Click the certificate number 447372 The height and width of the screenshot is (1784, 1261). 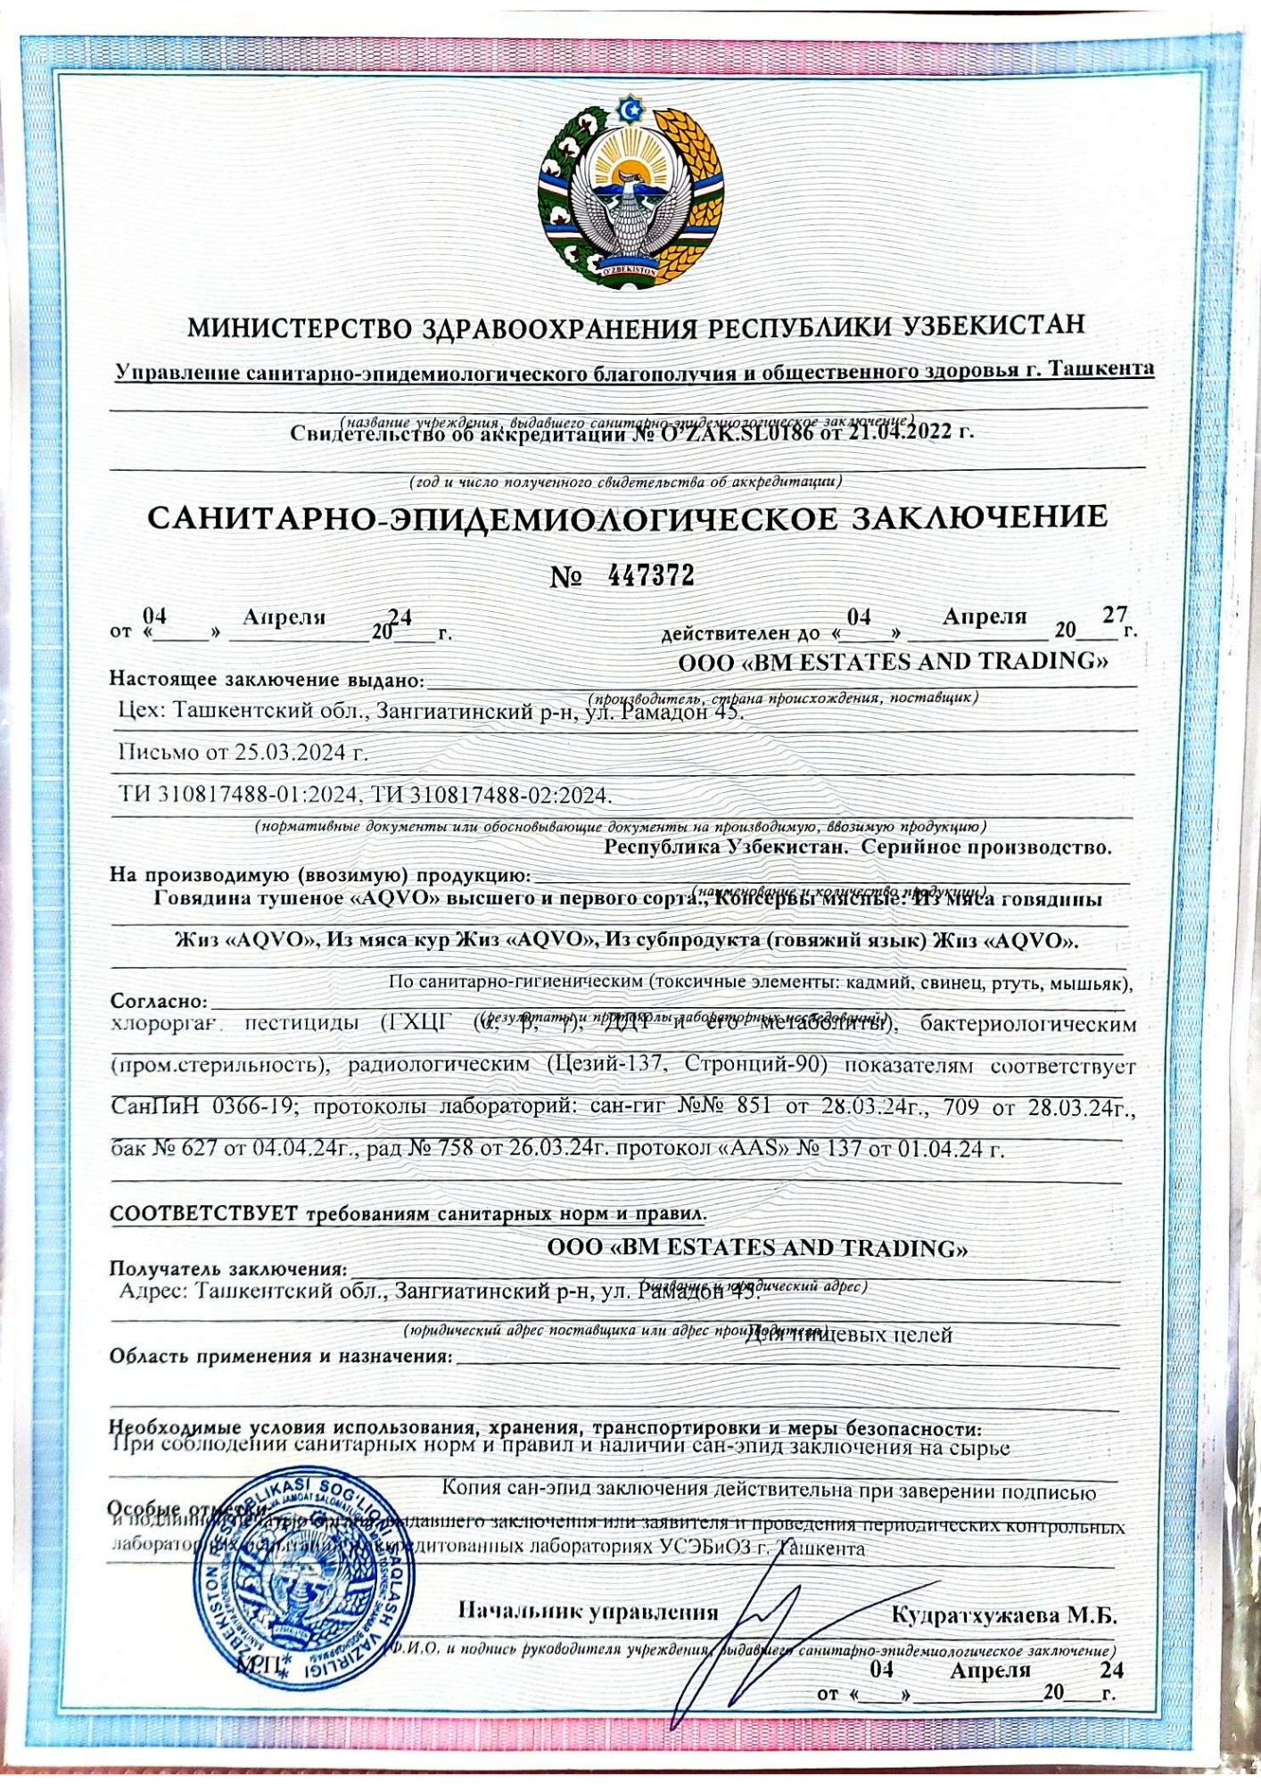click(x=650, y=576)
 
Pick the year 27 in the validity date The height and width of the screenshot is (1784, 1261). click(x=1115, y=615)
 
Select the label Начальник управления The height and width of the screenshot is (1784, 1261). click(x=588, y=1612)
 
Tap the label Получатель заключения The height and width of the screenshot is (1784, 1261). click(x=227, y=1268)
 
